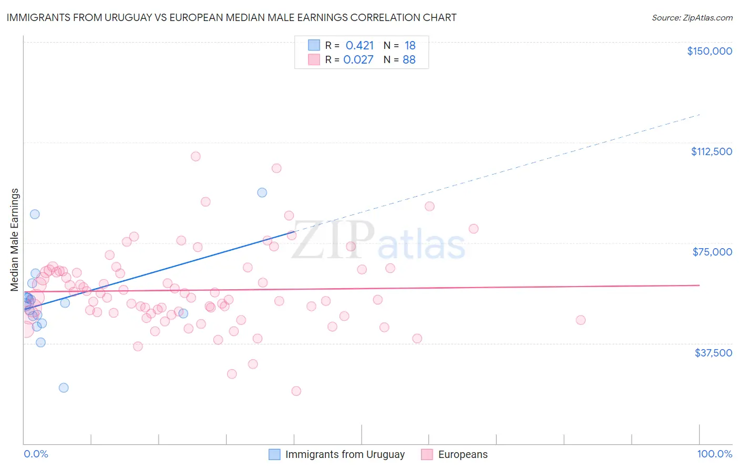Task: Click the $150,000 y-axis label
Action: pos(709,51)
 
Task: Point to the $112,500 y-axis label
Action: pos(711,151)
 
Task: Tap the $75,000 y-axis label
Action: pos(712,252)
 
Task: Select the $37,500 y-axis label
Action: pos(713,353)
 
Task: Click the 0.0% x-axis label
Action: pos(36,454)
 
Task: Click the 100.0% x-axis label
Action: pos(714,454)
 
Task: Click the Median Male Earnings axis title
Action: pos(15,240)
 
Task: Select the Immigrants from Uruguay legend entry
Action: pos(345,454)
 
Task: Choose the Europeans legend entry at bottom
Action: pos(463,454)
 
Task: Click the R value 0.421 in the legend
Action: pos(360,45)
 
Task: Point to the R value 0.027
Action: pos(358,59)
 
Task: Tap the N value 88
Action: pos(409,59)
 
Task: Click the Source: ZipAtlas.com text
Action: pos(692,17)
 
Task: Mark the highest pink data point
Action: pos(196,156)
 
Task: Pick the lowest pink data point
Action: pos(296,391)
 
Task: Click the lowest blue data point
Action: pos(64,388)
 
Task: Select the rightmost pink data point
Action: pos(580,320)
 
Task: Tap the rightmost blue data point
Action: pos(262,192)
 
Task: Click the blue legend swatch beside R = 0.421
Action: pos(314,45)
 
